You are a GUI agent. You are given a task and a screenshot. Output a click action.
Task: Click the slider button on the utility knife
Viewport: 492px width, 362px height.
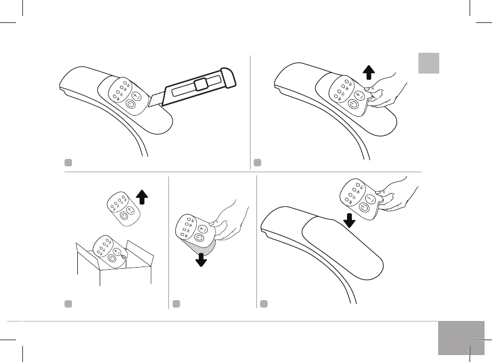click(x=201, y=84)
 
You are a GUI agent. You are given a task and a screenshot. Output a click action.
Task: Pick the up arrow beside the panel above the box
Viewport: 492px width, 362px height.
click(x=142, y=197)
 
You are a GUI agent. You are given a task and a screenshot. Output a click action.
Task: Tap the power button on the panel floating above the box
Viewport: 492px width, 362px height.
click(x=124, y=215)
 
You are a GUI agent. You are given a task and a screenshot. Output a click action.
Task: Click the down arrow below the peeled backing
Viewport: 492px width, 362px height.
click(x=201, y=260)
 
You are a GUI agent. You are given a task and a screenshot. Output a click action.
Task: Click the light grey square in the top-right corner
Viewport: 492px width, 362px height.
click(x=428, y=63)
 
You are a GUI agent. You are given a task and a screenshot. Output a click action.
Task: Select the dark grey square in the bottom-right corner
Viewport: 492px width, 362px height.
click(x=462, y=338)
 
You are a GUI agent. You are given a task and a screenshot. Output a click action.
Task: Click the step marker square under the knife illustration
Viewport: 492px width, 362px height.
click(x=66, y=162)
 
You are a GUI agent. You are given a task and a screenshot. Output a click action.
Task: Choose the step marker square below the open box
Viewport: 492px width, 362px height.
click(x=68, y=303)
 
